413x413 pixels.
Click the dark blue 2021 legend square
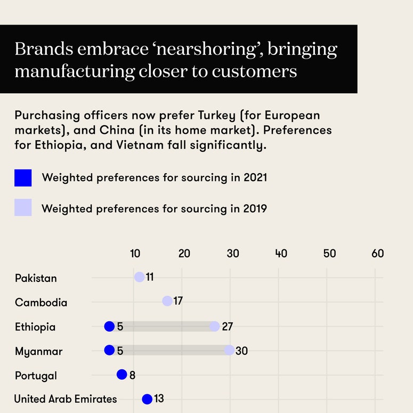click(23, 177)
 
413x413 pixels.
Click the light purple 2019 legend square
click(23, 208)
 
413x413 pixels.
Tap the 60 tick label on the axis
click(378, 254)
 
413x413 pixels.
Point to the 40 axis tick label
click(281, 254)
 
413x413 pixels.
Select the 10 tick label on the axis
click(136, 254)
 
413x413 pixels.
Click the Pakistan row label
click(36, 278)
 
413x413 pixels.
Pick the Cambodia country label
click(41, 303)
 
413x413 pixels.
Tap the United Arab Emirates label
click(66, 399)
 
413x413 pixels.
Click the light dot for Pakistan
click(139, 277)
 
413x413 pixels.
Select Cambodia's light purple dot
click(167, 301)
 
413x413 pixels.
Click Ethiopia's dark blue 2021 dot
click(109, 326)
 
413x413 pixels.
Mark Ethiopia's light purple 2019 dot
click(214, 326)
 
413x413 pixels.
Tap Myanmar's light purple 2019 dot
click(229, 350)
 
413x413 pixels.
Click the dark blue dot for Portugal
click(122, 375)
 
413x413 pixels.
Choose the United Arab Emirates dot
click(147, 399)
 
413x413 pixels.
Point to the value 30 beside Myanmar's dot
click(241, 351)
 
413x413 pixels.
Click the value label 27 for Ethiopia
click(228, 327)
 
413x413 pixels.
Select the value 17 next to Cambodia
click(178, 301)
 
